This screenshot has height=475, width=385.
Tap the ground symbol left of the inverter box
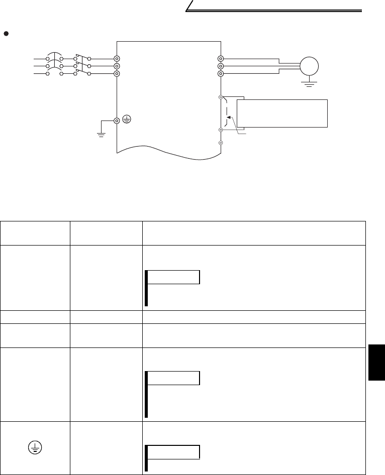coord(101,134)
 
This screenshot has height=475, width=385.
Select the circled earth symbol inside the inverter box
coord(127,121)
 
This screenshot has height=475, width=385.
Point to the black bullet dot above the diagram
coord(6,33)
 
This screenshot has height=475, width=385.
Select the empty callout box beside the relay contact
coord(281,113)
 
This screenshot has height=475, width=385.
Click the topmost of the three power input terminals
coord(117,59)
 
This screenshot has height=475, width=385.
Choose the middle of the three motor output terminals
coord(220,66)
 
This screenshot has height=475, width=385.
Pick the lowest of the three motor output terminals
coord(220,73)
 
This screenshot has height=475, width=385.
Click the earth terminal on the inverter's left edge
coord(117,121)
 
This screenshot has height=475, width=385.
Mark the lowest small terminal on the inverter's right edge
coord(220,143)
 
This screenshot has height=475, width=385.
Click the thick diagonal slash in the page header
coord(191,6)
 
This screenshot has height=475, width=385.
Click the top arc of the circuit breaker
coord(55,56)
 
